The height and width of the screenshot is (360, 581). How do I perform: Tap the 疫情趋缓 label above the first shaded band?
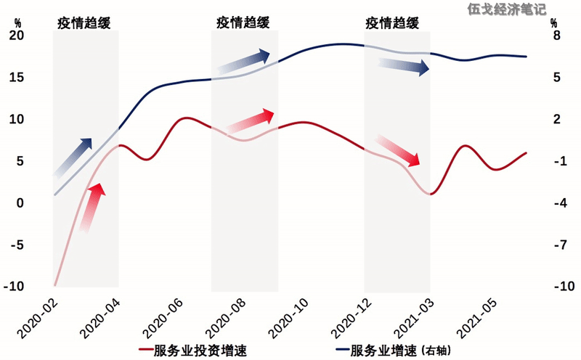pos(85,22)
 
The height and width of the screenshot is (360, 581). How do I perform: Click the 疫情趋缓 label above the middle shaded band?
pos(243,22)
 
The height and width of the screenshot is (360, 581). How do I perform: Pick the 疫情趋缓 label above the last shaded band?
pos(392,22)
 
